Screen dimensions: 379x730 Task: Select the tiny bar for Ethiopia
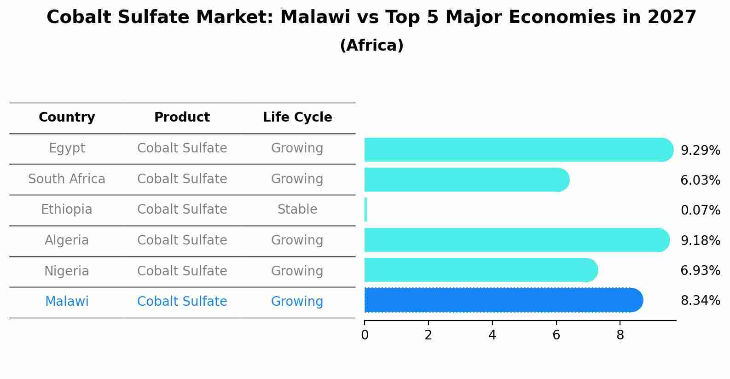click(366, 210)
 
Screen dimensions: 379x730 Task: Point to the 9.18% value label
click(700, 240)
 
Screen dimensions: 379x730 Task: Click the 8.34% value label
click(700, 301)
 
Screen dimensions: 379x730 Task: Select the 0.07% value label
click(700, 210)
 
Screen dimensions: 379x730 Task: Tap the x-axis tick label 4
click(492, 335)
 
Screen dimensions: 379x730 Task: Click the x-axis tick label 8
click(620, 335)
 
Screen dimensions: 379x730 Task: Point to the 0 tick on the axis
click(365, 335)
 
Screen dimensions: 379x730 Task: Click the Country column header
click(67, 117)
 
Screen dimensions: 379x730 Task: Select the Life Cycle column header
click(297, 117)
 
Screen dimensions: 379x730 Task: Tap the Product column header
click(182, 117)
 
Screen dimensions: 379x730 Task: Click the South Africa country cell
click(67, 179)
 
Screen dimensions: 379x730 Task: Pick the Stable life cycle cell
click(297, 210)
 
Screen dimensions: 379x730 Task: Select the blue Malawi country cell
click(67, 302)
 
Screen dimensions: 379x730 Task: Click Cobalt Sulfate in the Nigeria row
click(182, 271)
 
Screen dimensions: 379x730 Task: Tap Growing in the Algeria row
click(297, 240)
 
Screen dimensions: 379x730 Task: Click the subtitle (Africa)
click(371, 46)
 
